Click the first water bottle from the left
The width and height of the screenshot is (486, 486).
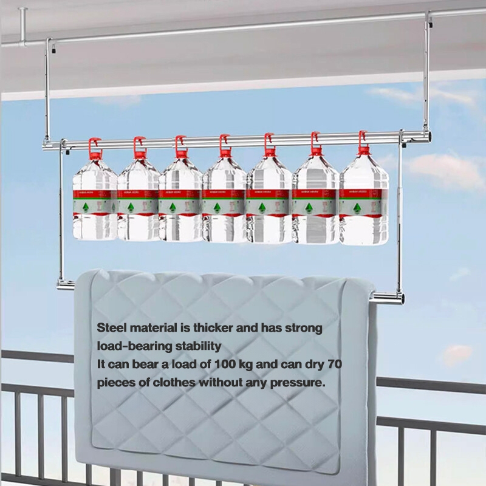pos(95,200)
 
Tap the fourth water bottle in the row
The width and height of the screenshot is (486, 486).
pos(225,200)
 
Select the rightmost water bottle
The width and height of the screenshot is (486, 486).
pos(363,200)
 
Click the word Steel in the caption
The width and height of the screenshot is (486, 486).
pos(111,328)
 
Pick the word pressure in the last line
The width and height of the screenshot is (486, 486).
pos(297,384)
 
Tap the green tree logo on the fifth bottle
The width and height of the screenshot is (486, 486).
pos(262,208)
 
